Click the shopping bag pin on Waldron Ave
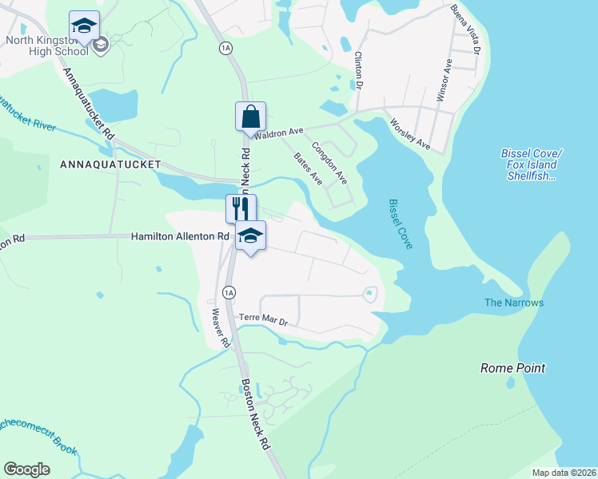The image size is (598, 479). (250, 117)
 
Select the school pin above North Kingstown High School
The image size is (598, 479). (84, 26)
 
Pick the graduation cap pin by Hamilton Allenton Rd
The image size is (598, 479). (250, 236)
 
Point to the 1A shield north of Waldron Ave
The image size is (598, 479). (225, 48)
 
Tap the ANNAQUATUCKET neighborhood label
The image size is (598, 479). (110, 164)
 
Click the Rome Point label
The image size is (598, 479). (512, 368)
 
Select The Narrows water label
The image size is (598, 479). (514, 303)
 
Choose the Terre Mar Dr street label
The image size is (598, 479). (264, 319)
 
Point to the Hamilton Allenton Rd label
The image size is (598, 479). (180, 236)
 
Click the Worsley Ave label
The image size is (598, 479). (409, 135)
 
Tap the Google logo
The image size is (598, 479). (27, 469)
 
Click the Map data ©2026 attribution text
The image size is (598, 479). (564, 473)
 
